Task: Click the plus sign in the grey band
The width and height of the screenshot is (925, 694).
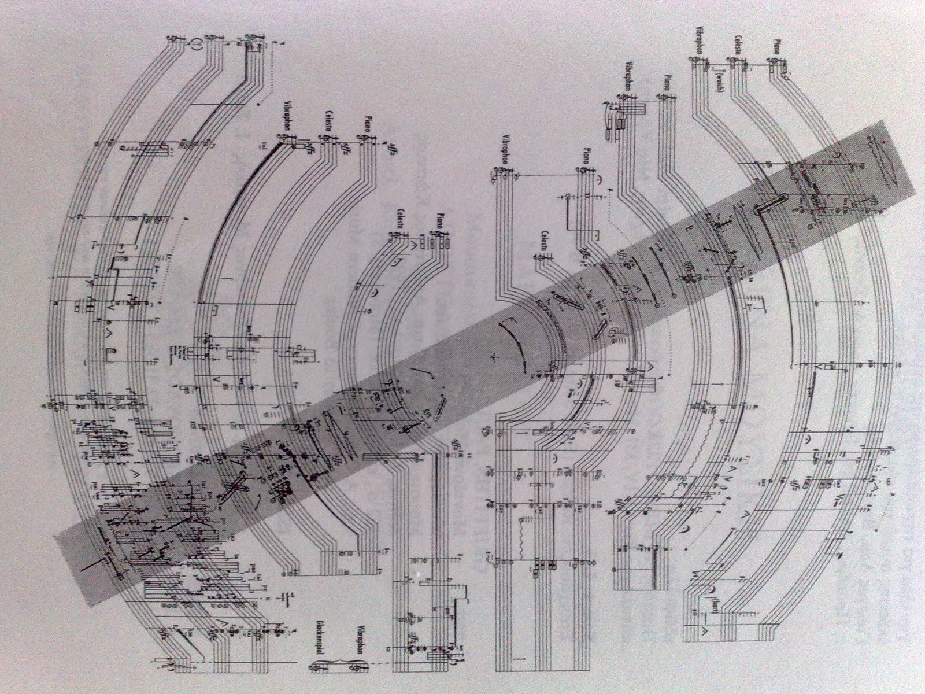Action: pos(493,357)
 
